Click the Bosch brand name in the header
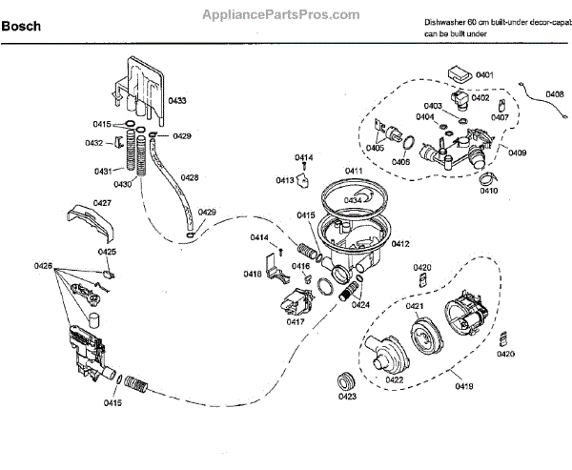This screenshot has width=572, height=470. (x=21, y=27)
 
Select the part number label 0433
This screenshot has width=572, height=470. (x=177, y=99)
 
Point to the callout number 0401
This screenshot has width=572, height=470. (x=484, y=74)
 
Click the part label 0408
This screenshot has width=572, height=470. (x=554, y=94)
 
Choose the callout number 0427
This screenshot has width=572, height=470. (x=103, y=202)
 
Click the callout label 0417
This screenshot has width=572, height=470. (x=295, y=322)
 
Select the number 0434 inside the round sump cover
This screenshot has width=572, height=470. (x=353, y=200)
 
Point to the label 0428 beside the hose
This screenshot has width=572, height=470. (x=190, y=177)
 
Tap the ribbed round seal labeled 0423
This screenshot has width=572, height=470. (x=343, y=376)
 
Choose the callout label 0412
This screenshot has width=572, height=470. (x=399, y=244)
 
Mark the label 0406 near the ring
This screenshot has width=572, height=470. (x=400, y=162)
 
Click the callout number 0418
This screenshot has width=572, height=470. (x=252, y=274)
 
